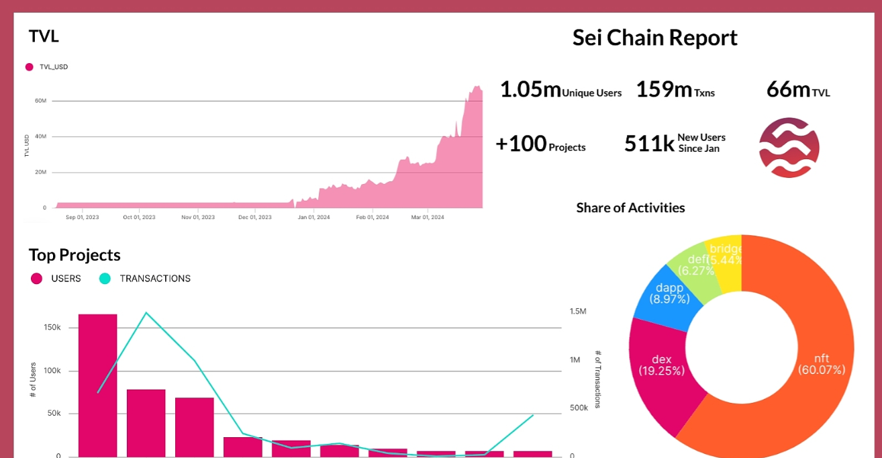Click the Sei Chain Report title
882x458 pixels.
click(654, 38)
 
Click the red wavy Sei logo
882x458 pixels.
click(789, 148)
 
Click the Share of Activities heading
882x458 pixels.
click(630, 208)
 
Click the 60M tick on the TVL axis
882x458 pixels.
click(40, 101)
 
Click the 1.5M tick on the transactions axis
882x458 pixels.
click(578, 312)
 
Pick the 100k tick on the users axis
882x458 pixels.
click(52, 371)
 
